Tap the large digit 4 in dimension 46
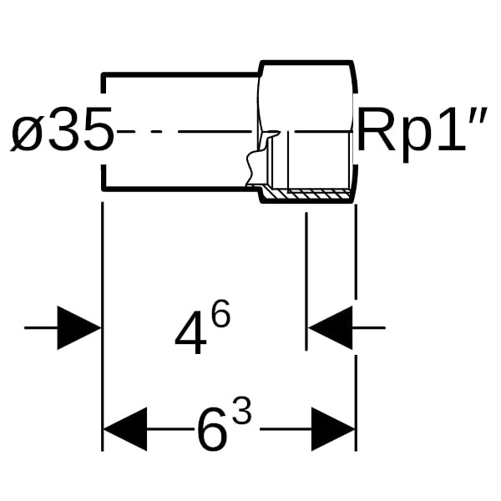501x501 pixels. coord(191,337)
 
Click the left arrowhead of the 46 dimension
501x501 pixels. coord(78,328)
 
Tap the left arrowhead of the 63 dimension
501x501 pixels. coord(124,429)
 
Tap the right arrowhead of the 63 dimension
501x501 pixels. coord(333,429)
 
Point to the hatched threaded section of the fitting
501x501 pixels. coord(309,194)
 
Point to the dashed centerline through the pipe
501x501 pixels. coord(184,131)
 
